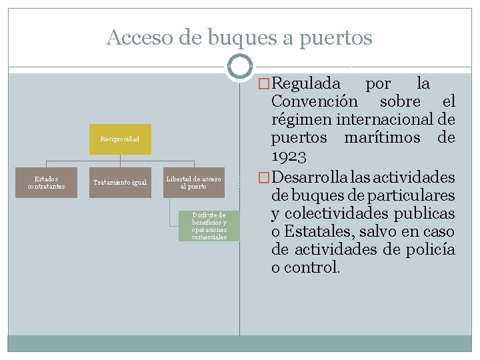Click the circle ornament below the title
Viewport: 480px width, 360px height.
point(239,66)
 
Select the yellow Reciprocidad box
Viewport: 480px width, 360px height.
point(120,139)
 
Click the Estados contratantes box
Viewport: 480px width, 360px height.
point(47,182)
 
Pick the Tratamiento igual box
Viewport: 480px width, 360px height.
point(120,182)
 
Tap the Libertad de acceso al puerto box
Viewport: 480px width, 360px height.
point(193,182)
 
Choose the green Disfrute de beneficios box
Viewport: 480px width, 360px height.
point(209,225)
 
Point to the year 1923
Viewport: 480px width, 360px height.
point(289,157)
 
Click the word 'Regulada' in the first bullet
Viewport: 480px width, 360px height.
point(306,84)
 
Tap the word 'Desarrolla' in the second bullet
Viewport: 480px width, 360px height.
point(307,178)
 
